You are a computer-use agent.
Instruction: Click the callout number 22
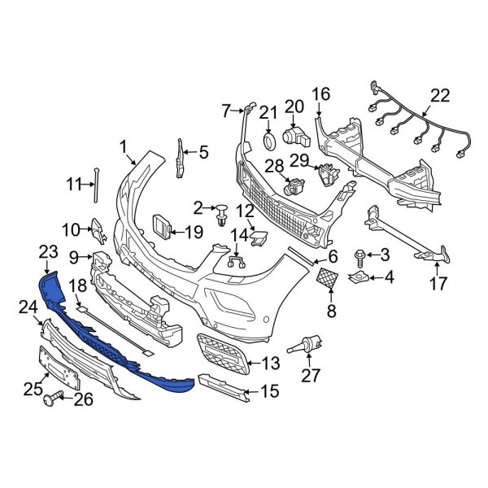click(x=439, y=96)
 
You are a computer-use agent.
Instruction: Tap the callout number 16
click(x=320, y=94)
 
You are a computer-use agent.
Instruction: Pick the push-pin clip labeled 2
click(x=221, y=215)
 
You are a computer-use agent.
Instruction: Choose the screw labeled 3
click(x=359, y=257)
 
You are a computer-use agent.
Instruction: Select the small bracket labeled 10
click(x=96, y=231)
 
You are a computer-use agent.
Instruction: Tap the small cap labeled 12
click(x=258, y=237)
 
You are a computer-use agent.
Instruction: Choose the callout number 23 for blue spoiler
click(x=48, y=252)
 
